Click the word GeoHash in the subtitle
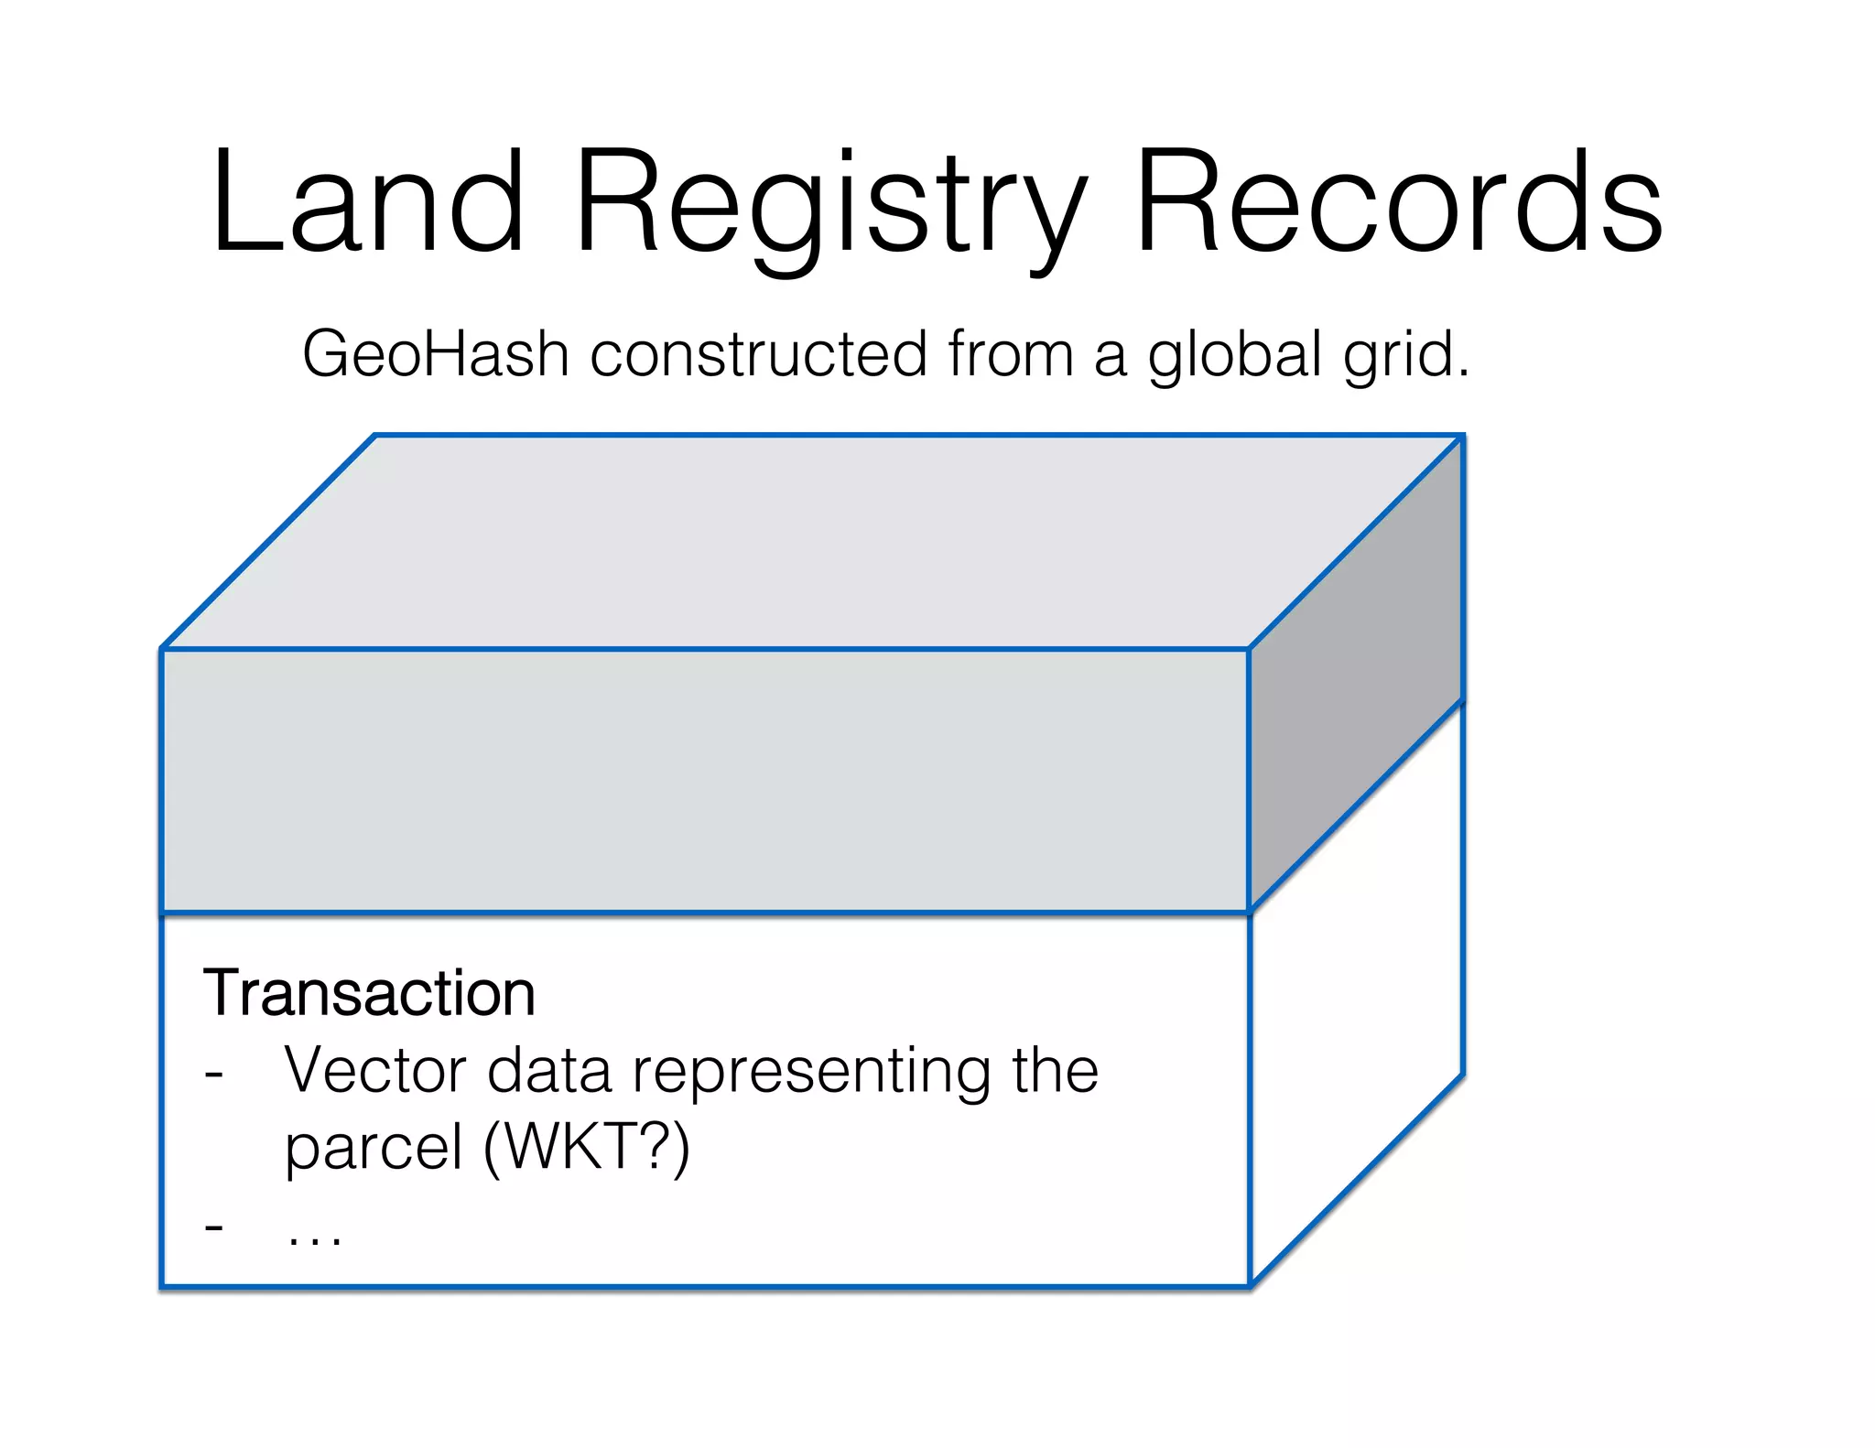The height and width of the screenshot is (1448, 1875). [x=435, y=355]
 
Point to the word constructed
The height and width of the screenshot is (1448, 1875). [x=758, y=355]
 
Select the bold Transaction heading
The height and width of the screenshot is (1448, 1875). [x=369, y=993]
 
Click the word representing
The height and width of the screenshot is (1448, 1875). [x=811, y=1073]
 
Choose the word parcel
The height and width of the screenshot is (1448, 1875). [x=374, y=1149]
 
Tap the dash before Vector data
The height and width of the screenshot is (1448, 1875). [x=214, y=1073]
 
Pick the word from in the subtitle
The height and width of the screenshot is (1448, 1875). [x=1010, y=355]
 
